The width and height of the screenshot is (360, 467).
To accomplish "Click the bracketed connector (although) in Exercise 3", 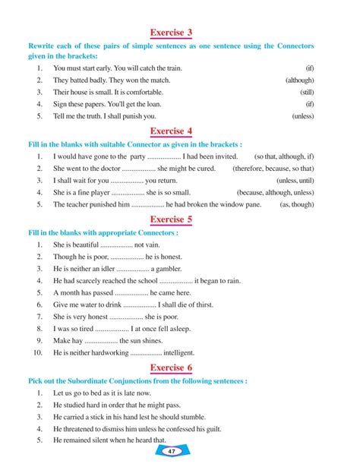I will tap(300, 80).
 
